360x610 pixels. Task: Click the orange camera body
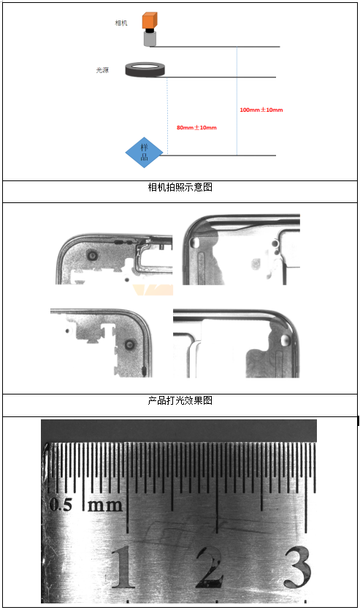click(x=149, y=20)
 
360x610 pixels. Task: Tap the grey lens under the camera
click(x=150, y=39)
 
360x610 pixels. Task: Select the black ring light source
click(x=145, y=69)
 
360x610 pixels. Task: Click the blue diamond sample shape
click(x=144, y=153)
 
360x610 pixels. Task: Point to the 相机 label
click(x=121, y=23)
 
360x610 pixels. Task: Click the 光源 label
click(x=103, y=70)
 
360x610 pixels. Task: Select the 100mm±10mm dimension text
click(x=261, y=110)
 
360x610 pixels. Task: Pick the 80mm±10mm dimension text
click(x=196, y=128)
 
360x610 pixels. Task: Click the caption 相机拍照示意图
click(x=180, y=187)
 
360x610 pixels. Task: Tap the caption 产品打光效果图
click(x=180, y=400)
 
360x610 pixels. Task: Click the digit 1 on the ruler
click(x=123, y=566)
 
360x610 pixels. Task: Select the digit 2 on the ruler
click(x=210, y=566)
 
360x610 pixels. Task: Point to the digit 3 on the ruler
click(x=297, y=567)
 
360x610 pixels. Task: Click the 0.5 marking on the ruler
click(x=61, y=505)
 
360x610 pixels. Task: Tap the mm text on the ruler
click(x=104, y=506)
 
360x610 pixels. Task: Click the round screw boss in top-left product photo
click(x=93, y=255)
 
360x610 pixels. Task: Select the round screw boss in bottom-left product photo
click(x=130, y=344)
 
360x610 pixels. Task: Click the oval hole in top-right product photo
click(x=194, y=242)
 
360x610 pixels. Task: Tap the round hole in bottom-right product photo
click(x=286, y=340)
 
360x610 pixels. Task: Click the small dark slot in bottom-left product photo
click(x=145, y=370)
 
